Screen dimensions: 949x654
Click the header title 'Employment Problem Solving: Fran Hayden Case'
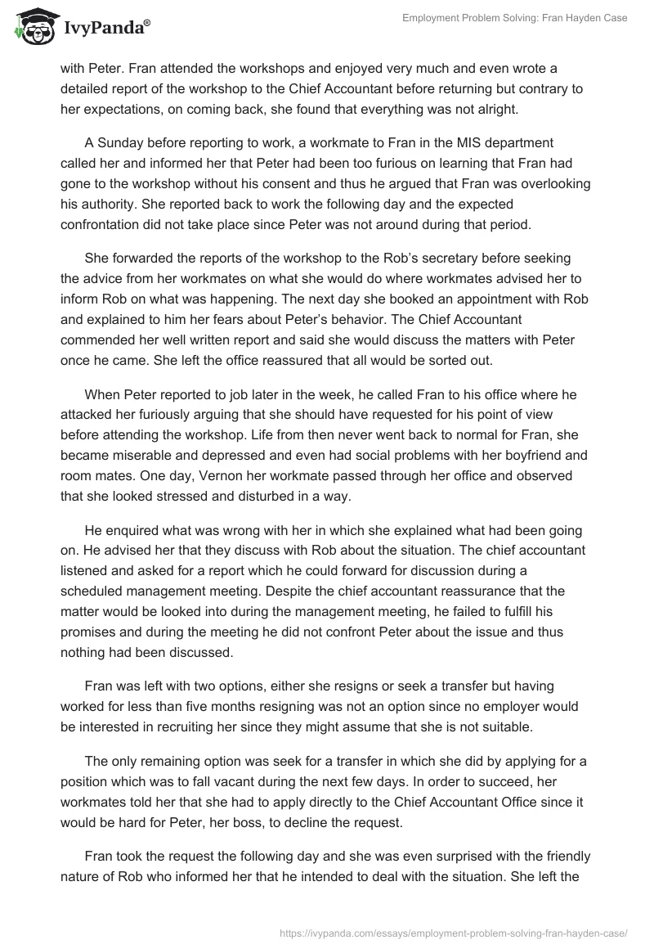tap(515, 18)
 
